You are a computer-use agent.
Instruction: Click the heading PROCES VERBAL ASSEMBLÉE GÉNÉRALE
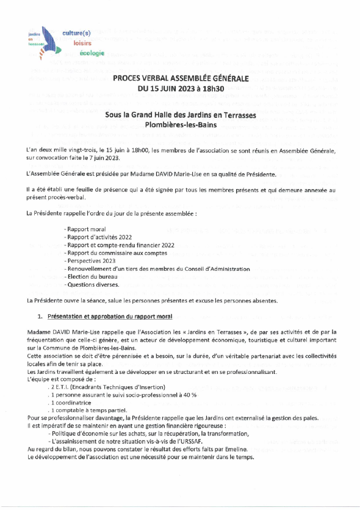180,79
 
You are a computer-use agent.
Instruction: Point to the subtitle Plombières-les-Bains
180,124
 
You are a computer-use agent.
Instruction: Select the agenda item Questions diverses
92,284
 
